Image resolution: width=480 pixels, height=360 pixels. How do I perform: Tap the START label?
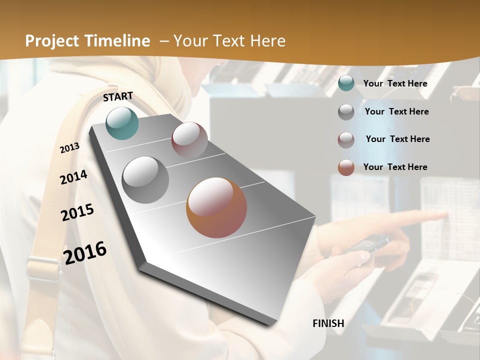(x=118, y=96)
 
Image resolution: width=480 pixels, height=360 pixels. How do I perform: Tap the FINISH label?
(x=328, y=323)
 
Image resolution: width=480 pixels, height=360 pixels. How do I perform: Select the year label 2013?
(x=70, y=148)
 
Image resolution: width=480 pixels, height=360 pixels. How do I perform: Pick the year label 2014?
(x=74, y=177)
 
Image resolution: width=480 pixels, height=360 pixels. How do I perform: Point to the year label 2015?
(x=77, y=212)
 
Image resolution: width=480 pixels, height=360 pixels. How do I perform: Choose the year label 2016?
(x=85, y=252)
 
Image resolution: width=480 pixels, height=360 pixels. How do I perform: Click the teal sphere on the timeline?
(x=122, y=123)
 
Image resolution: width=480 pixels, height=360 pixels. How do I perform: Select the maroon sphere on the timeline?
(x=189, y=139)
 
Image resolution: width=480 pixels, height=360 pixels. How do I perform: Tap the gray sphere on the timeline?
(x=145, y=180)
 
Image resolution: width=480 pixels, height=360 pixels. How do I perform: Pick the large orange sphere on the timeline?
(x=216, y=207)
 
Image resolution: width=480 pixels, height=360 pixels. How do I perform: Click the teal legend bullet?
(x=346, y=83)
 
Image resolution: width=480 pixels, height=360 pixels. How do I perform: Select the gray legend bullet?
(x=346, y=111)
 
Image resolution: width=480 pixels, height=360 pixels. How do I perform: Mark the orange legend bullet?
(x=346, y=167)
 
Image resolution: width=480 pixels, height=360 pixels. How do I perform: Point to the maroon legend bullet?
(x=346, y=139)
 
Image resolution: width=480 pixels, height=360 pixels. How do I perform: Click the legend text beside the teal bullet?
(x=395, y=83)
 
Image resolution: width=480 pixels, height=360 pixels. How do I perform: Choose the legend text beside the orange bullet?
(x=395, y=167)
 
